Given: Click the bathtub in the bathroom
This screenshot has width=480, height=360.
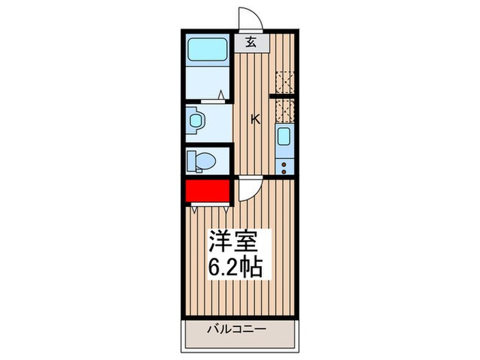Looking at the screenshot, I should pos(208,50).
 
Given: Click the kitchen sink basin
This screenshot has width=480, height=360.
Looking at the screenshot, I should pos(284,137).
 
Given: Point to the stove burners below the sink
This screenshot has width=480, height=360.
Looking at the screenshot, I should pos(284,165).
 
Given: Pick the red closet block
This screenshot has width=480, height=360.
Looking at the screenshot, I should pos(206,190).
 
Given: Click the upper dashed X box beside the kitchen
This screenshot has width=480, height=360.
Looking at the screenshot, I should pos(284,82).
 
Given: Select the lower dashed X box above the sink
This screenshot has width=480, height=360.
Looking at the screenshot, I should pos(284,111).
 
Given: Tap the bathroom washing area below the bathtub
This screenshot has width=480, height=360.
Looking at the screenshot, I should pos(208,83).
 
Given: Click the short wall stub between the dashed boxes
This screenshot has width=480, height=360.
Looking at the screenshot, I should pos(283,97).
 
